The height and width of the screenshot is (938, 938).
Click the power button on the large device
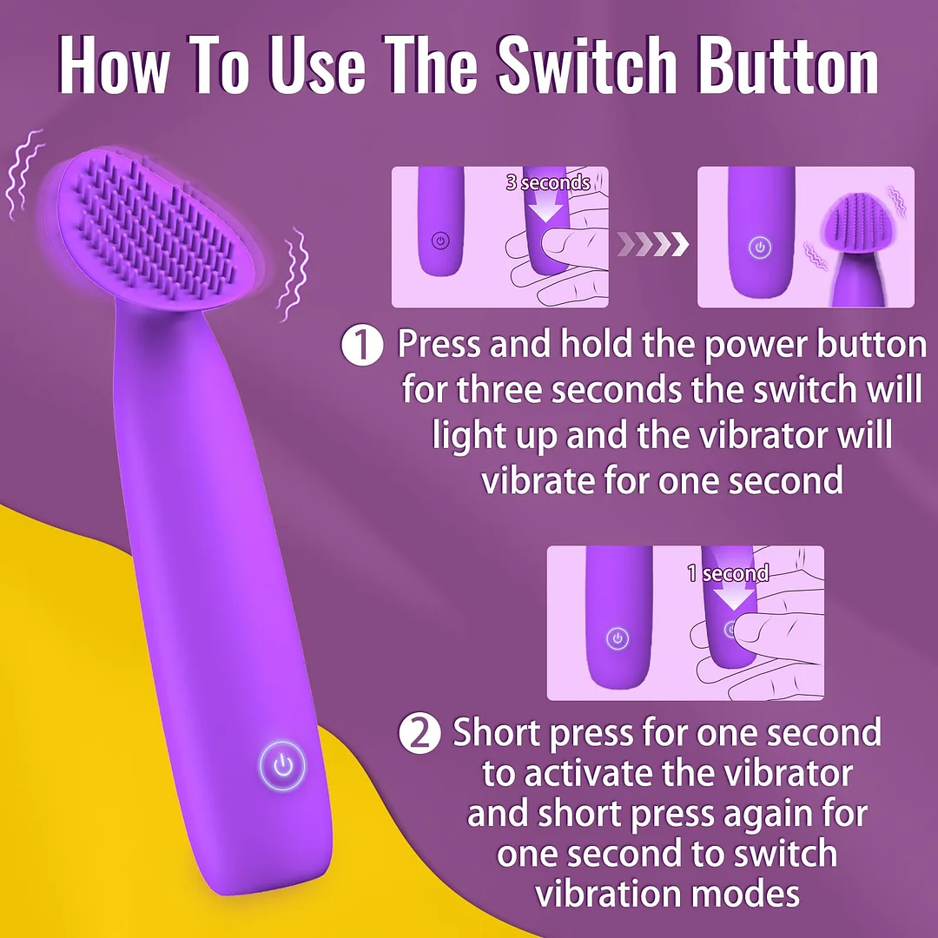click(281, 765)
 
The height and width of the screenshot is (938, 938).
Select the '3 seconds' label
click(548, 182)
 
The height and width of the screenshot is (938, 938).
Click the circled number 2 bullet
click(419, 735)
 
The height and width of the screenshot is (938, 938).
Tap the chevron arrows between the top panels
click(652, 244)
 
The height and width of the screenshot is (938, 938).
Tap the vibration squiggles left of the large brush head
click(23, 174)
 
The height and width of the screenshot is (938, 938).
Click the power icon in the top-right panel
click(761, 248)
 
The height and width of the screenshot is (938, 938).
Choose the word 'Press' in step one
click(439, 346)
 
